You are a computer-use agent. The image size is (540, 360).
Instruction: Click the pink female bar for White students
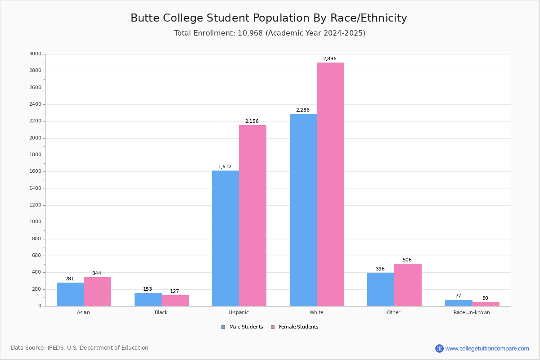click(x=330, y=184)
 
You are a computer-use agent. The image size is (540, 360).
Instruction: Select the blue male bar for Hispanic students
click(x=225, y=238)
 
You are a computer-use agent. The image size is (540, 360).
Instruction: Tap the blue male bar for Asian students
click(x=70, y=294)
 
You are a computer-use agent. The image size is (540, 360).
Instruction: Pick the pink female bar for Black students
click(x=175, y=301)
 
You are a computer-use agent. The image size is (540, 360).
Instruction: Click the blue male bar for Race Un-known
click(x=459, y=303)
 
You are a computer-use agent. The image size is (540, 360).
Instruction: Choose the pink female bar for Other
click(x=408, y=285)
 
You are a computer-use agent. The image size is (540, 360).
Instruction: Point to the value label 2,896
click(x=330, y=58)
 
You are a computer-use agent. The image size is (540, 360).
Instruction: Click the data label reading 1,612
click(x=225, y=166)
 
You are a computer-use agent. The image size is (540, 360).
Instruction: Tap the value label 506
click(x=407, y=260)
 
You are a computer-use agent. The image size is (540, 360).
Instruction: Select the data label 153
click(x=148, y=289)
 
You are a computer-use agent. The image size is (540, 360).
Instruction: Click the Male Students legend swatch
click(x=223, y=327)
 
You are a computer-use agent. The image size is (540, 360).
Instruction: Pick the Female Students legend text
click(x=299, y=327)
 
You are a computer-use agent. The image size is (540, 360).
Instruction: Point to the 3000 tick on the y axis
click(x=35, y=54)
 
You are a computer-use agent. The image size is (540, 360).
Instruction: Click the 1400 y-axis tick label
click(x=35, y=188)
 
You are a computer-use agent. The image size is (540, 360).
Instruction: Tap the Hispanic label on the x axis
click(x=238, y=312)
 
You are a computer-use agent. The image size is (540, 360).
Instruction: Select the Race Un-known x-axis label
click(x=472, y=312)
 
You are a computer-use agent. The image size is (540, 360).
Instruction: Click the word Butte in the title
click(x=145, y=18)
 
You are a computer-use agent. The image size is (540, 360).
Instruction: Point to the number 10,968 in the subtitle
click(x=250, y=33)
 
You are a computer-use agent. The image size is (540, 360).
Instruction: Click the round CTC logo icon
click(x=439, y=348)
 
